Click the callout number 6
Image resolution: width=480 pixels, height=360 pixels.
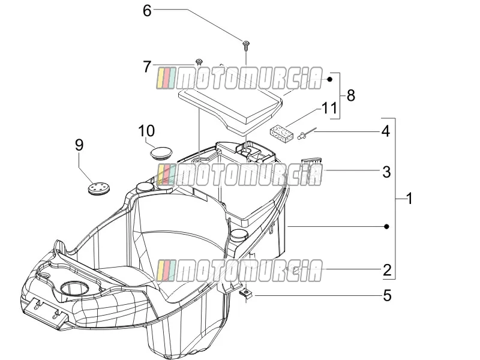coord(147,11)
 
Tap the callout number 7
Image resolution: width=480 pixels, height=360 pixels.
coord(147,67)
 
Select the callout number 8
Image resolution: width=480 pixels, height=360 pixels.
coord(351,95)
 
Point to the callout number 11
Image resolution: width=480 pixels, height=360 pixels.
coord(329,108)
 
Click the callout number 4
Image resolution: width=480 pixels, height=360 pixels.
coord(386,131)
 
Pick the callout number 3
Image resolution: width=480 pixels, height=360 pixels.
coord(386,172)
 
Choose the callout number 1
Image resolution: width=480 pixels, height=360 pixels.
coord(409,199)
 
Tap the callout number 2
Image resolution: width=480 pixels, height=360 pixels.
coord(387,270)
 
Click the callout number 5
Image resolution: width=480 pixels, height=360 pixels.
coord(387,296)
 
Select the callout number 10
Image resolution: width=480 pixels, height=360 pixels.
coord(146,131)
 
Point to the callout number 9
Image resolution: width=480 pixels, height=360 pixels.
coord(79,145)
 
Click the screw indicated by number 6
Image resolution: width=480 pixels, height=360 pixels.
coord(245,46)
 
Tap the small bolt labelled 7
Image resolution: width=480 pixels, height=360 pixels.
coord(199,62)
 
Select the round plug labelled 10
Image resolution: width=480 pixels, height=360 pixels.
coord(161,153)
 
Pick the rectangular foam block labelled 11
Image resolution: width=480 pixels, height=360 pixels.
coord(281,133)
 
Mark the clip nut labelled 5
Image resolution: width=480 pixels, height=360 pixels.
coord(245,294)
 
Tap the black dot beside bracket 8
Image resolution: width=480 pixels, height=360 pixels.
coord(329,79)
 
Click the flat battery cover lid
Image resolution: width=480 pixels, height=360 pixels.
coord(230,109)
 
